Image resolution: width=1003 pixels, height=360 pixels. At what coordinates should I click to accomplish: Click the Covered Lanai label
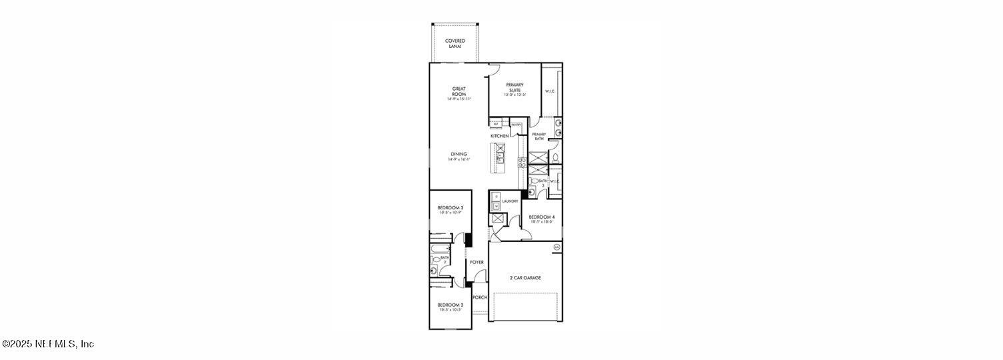pyautogui.click(x=455, y=43)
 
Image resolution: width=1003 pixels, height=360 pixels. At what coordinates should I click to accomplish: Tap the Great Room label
pyautogui.click(x=459, y=91)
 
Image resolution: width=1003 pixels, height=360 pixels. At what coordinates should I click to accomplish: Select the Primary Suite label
pyautogui.click(x=514, y=87)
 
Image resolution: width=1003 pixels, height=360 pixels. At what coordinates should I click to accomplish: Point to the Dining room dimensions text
pyautogui.click(x=459, y=159)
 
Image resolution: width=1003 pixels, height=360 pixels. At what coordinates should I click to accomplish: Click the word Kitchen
pyautogui.click(x=500, y=136)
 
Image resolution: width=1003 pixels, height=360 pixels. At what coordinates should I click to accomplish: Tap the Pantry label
pyautogui.click(x=516, y=125)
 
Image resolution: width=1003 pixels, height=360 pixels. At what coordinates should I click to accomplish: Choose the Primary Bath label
pyautogui.click(x=538, y=137)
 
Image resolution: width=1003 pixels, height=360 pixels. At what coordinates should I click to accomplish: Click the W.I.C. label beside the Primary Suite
pyautogui.click(x=550, y=91)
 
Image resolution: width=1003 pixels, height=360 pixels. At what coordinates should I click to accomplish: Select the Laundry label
pyautogui.click(x=510, y=201)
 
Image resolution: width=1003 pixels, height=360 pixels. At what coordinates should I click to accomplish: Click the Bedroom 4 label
pyautogui.click(x=541, y=217)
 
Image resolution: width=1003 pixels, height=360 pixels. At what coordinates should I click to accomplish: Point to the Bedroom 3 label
pyautogui.click(x=450, y=208)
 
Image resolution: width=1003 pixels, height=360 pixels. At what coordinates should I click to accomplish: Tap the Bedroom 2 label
pyautogui.click(x=450, y=305)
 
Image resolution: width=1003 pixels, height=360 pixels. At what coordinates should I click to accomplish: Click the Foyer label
pyautogui.click(x=477, y=262)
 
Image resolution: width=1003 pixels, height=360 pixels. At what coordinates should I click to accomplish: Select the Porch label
pyautogui.click(x=480, y=297)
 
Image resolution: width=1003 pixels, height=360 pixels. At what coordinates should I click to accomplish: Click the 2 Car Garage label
pyautogui.click(x=526, y=277)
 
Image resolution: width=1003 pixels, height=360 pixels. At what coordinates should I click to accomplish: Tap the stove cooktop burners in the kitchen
pyautogui.click(x=522, y=162)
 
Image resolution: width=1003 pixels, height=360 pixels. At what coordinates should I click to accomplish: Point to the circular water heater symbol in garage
pyautogui.click(x=557, y=248)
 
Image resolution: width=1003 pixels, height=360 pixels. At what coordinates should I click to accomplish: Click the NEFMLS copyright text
pyautogui.click(x=48, y=344)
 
